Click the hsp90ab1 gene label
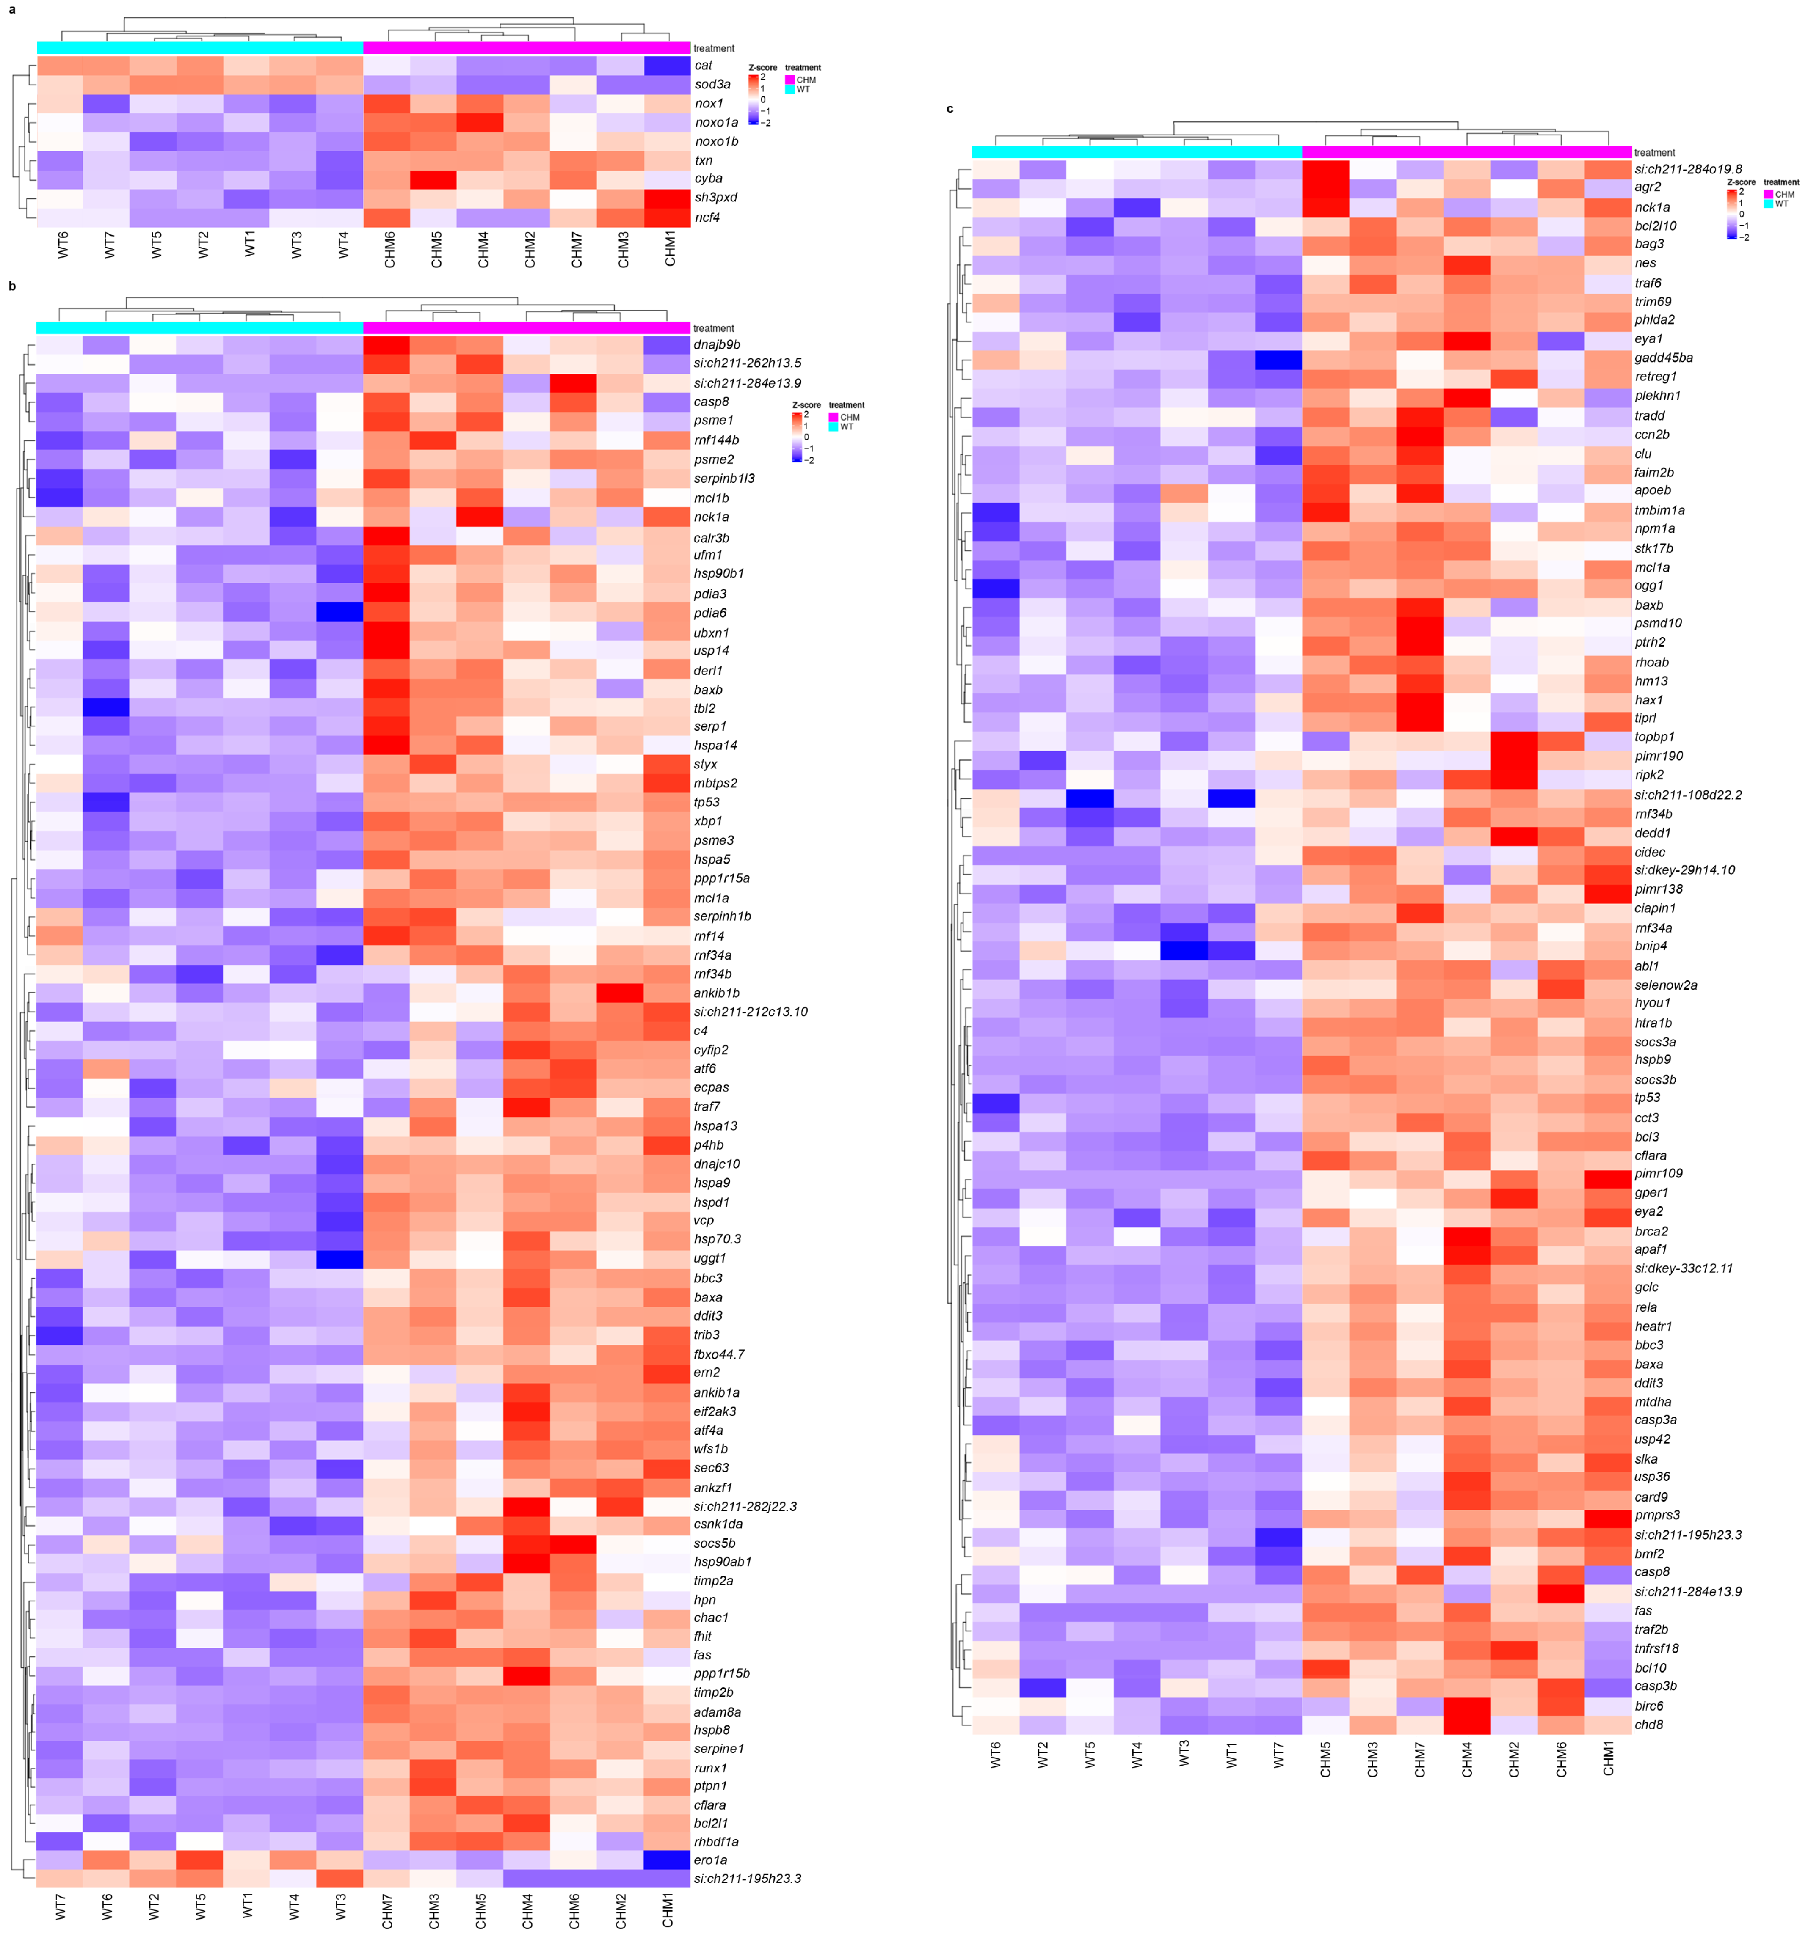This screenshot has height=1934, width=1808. [x=722, y=1561]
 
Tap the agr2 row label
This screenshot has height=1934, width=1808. [x=1648, y=187]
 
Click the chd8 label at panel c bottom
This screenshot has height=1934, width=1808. [x=1648, y=1725]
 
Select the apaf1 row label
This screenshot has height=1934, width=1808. [x=1651, y=1249]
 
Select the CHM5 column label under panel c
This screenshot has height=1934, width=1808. [x=1325, y=1759]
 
